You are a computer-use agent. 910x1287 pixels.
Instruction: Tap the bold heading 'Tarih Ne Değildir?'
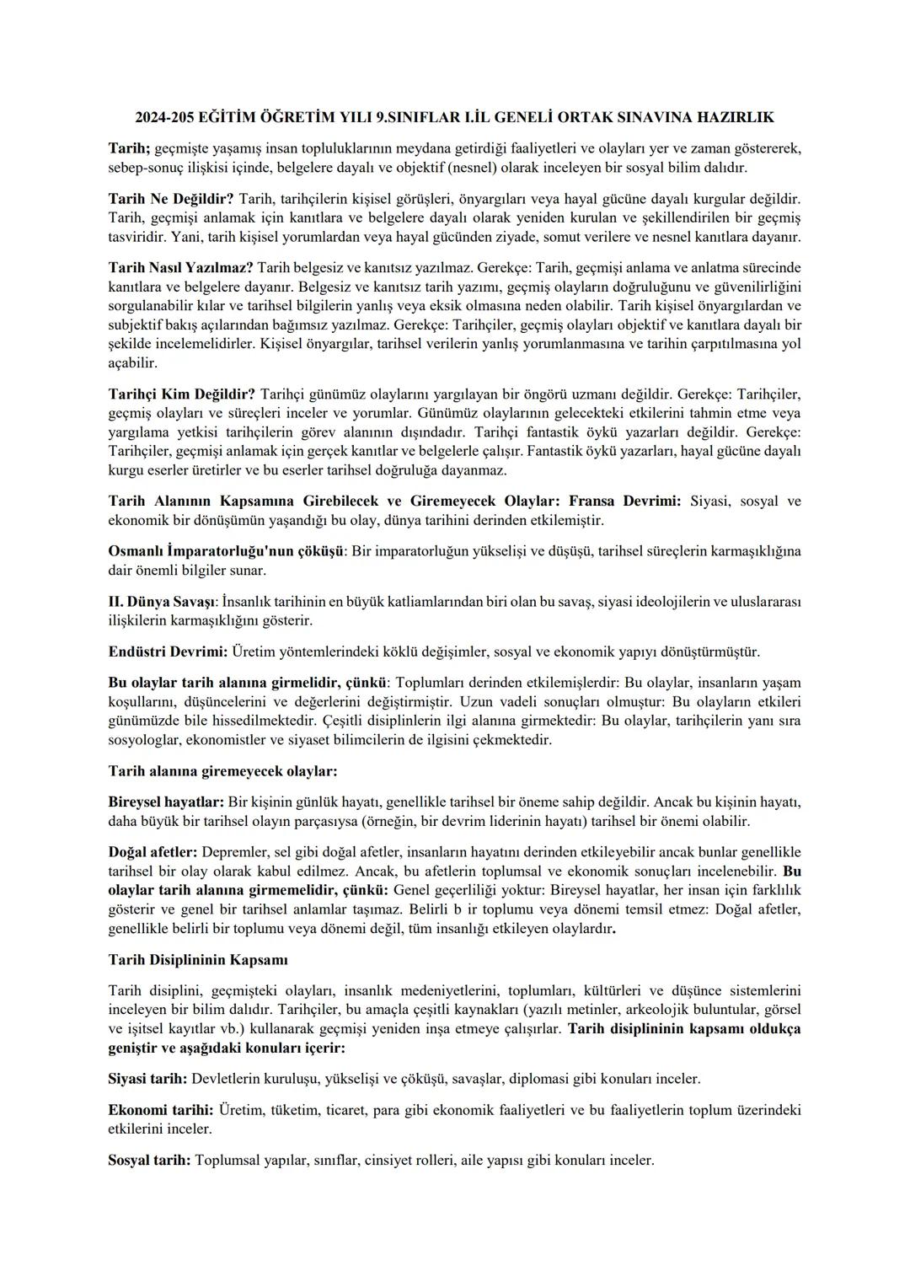point(172,199)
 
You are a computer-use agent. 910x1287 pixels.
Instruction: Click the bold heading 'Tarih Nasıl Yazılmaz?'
point(181,267)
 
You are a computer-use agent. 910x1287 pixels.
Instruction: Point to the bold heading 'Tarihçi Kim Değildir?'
point(182,394)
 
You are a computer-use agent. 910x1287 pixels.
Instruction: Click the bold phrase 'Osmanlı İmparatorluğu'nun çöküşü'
point(226,551)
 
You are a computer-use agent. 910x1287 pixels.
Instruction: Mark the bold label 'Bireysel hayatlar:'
point(166,802)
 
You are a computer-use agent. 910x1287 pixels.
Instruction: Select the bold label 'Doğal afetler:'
point(153,852)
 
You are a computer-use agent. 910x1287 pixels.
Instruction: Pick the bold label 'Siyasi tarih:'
point(148,1079)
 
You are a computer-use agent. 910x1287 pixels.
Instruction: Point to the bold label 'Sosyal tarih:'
point(150,1161)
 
